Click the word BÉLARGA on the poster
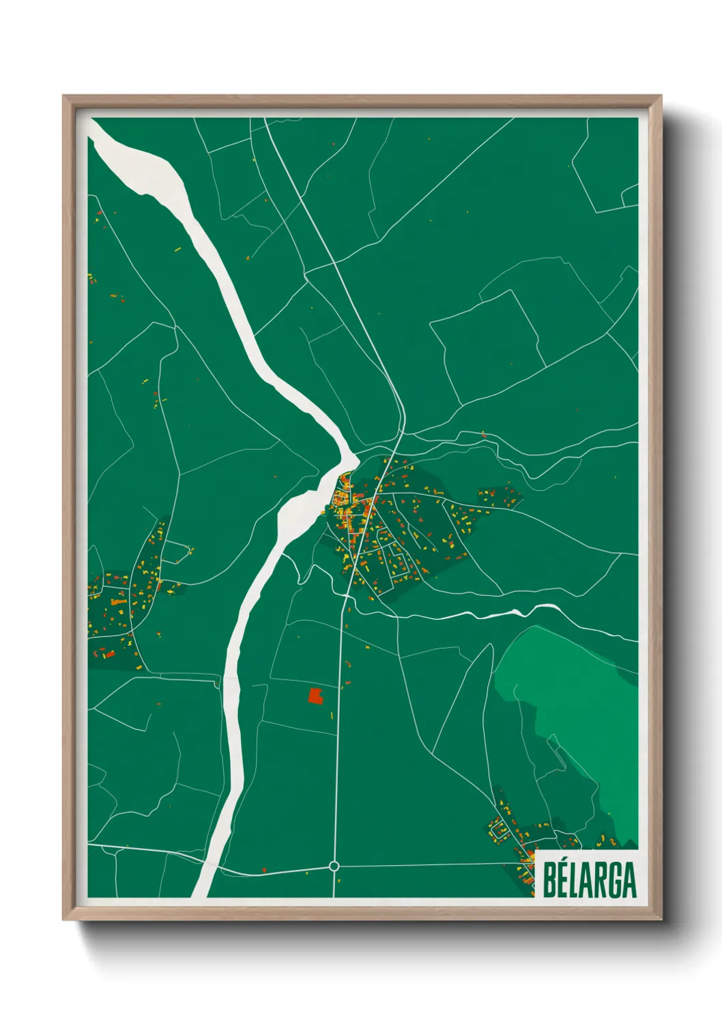pos(590,879)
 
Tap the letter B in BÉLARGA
pos(549,880)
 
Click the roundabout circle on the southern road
pos(334,866)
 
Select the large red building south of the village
pos(315,695)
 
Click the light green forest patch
pos(580,709)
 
